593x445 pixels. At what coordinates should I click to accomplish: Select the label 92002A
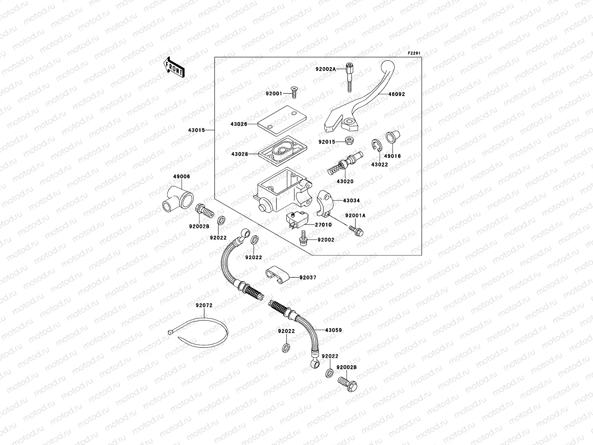(326, 69)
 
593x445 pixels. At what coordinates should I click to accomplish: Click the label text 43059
(334, 330)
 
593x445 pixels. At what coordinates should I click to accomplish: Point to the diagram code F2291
(415, 53)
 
